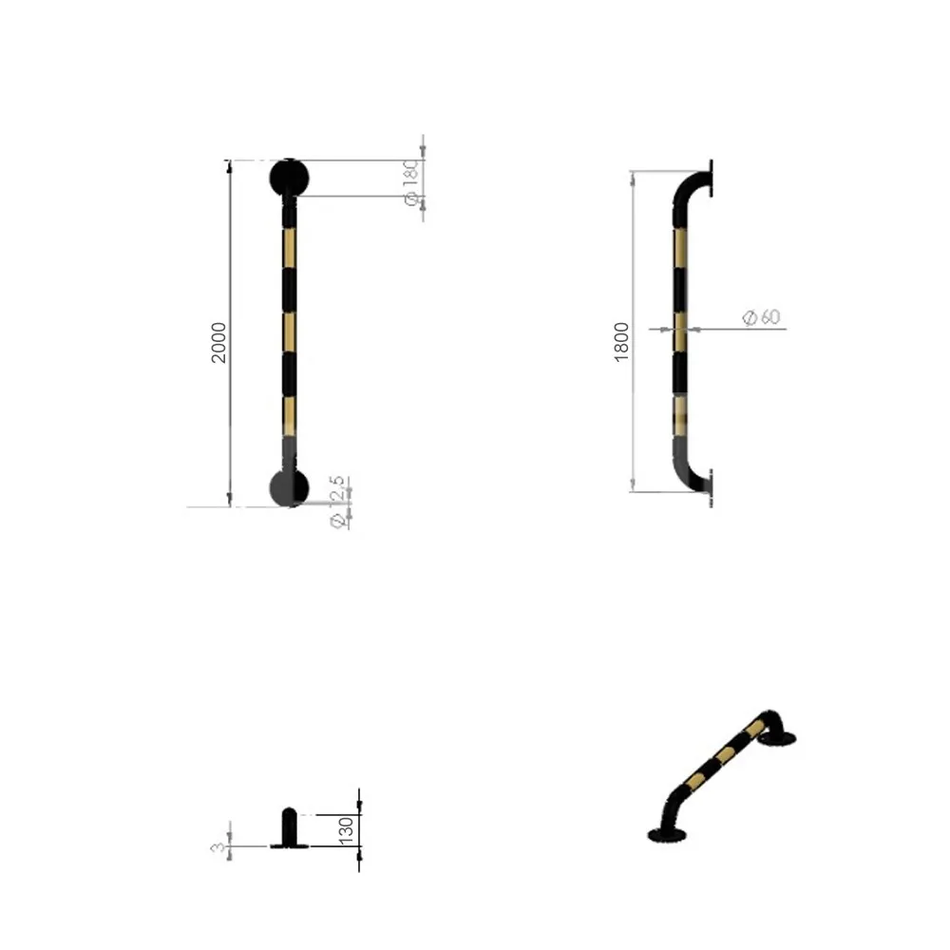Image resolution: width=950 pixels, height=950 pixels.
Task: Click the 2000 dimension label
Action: point(219,342)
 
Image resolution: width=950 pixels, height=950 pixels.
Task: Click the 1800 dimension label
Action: point(622,340)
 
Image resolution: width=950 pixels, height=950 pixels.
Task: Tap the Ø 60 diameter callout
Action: point(761,317)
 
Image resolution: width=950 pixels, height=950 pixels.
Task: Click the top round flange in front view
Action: point(289,177)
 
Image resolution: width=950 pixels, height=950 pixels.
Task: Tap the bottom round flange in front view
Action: point(289,486)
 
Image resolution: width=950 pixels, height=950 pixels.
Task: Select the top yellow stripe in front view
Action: point(289,249)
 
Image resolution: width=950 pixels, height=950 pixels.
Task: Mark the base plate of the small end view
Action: point(290,845)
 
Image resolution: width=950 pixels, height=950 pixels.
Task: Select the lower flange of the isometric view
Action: point(667,835)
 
